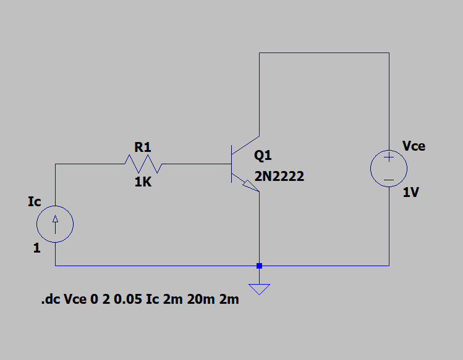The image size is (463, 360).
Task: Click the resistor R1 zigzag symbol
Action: click(142, 164)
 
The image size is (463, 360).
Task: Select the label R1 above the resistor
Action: click(142, 148)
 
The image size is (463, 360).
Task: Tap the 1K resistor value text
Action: click(143, 183)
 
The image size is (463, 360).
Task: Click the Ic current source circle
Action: click(55, 224)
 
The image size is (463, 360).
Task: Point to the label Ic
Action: click(35, 201)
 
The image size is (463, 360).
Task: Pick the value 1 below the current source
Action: click(37, 249)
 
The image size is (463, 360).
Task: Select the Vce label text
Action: click(414, 146)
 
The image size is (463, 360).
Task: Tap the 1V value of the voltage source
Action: click(411, 193)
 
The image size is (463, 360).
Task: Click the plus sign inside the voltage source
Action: click(389, 158)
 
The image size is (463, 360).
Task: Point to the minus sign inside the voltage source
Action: click(389, 180)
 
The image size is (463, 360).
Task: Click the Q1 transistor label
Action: click(263, 156)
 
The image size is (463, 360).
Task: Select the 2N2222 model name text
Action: click(279, 177)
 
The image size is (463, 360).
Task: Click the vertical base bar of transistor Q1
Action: click(231, 164)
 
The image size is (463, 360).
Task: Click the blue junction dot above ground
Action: click(259, 266)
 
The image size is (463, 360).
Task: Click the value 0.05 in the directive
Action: click(129, 301)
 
